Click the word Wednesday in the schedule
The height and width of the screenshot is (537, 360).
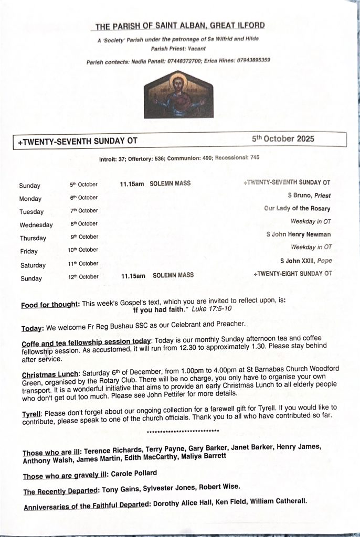36,225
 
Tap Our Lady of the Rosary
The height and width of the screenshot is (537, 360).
298,208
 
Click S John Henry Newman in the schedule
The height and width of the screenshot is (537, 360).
299,234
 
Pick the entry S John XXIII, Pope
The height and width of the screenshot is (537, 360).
306,261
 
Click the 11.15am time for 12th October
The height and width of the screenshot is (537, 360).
133,275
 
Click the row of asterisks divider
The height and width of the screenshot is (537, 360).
183,431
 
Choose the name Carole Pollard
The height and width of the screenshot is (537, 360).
134,474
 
